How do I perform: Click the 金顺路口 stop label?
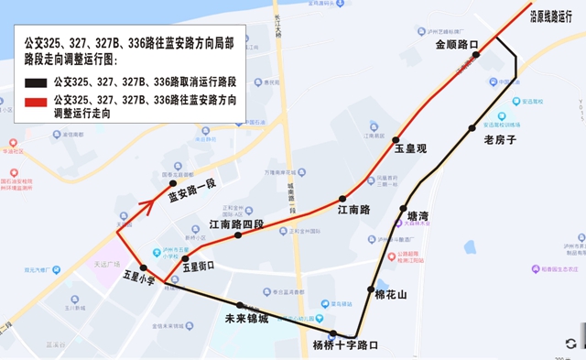[457, 43]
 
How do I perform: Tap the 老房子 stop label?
[500, 140]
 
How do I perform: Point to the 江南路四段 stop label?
[235, 224]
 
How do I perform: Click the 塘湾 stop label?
[418, 216]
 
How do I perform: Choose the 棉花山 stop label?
[390, 295]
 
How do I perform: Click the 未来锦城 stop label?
[246, 319]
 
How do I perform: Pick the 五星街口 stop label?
[198, 267]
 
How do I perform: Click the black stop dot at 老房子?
[472, 128]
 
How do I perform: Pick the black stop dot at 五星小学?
[144, 267]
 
